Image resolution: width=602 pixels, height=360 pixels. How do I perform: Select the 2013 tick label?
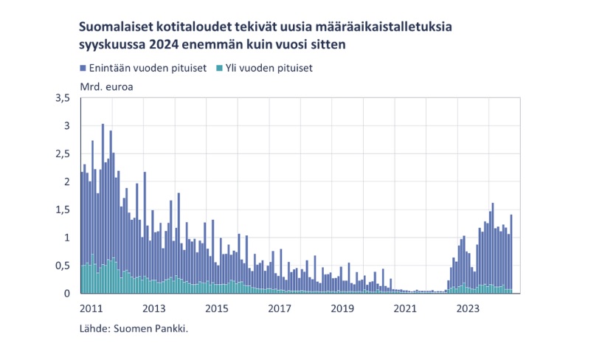coord(153,308)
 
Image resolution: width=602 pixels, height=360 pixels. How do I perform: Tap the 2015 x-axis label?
coord(215,308)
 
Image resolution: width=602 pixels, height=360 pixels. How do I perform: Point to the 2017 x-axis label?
coord(278,308)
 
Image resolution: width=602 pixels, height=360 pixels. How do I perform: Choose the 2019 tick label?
coord(341,308)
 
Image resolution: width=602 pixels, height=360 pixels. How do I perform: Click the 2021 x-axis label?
coord(404,308)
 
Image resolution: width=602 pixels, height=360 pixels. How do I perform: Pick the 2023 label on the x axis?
coord(466,308)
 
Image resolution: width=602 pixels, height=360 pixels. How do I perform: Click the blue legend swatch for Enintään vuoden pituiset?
coord(83,69)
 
